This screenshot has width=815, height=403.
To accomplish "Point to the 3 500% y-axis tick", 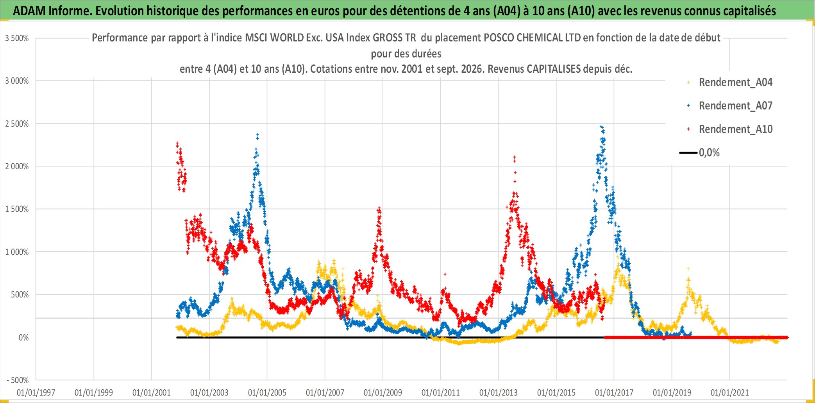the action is click(x=17, y=38).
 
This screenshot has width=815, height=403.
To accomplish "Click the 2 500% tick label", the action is click(x=17, y=124).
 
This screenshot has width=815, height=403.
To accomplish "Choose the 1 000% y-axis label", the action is click(x=17, y=252).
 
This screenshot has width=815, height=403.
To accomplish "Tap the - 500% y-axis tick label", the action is click(x=18, y=380).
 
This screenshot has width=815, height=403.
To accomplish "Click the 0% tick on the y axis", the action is click(x=23, y=338).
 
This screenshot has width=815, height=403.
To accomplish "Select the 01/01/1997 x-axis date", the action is click(x=36, y=392).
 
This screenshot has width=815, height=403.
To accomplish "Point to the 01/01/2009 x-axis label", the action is click(x=383, y=392).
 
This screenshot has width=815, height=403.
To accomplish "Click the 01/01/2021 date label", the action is click(x=730, y=392).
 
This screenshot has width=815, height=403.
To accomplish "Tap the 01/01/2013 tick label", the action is click(x=499, y=392).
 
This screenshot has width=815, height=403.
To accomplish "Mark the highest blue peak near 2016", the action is click(x=601, y=126).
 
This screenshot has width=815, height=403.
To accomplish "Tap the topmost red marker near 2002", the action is click(x=177, y=143).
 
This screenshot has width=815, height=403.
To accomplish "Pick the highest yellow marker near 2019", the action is click(x=688, y=269).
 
